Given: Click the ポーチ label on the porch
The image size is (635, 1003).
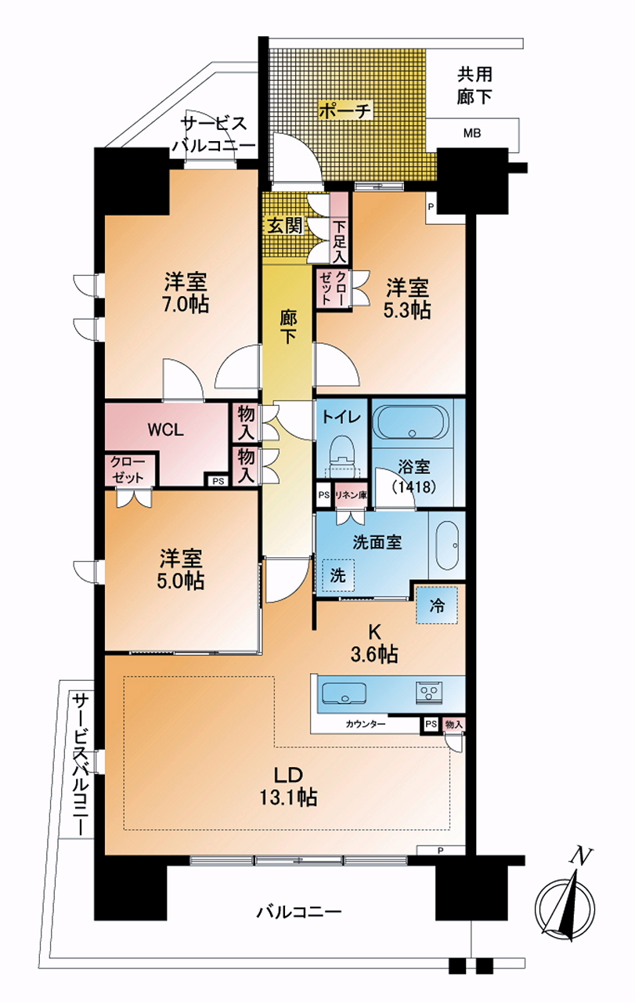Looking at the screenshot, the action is tap(345, 110).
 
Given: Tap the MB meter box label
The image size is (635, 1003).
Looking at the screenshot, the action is tap(472, 133).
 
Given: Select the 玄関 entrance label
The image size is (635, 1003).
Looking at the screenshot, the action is tap(284, 226).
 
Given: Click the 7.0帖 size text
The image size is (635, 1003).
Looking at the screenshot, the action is tap(186, 305).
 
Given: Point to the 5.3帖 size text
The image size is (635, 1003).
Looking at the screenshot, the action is tap(407, 310).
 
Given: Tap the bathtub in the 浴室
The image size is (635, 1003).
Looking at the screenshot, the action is tap(413, 423).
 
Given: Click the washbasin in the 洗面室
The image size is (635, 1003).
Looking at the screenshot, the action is tap(447, 545).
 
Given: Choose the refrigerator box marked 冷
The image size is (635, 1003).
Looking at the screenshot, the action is tap(437, 606).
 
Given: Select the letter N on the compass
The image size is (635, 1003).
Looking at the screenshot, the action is tap(580, 844).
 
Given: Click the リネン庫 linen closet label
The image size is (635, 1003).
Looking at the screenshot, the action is tap(351, 496).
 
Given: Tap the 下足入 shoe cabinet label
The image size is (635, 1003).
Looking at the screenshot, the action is tap(340, 243).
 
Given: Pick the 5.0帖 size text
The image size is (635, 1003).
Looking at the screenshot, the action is tap(180, 581).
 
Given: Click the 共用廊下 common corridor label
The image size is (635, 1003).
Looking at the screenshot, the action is tap(474, 85).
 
